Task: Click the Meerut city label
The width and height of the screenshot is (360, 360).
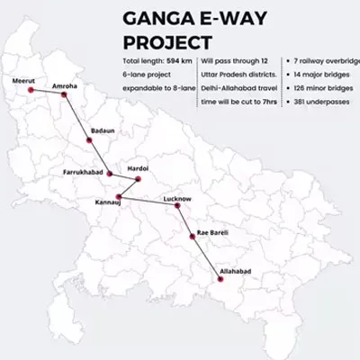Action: (x=23, y=81)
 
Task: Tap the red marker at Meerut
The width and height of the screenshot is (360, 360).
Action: (x=31, y=91)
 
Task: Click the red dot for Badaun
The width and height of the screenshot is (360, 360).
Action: (x=89, y=139)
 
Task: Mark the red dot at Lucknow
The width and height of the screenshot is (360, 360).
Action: (x=177, y=206)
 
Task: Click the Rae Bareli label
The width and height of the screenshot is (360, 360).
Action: (x=212, y=232)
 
